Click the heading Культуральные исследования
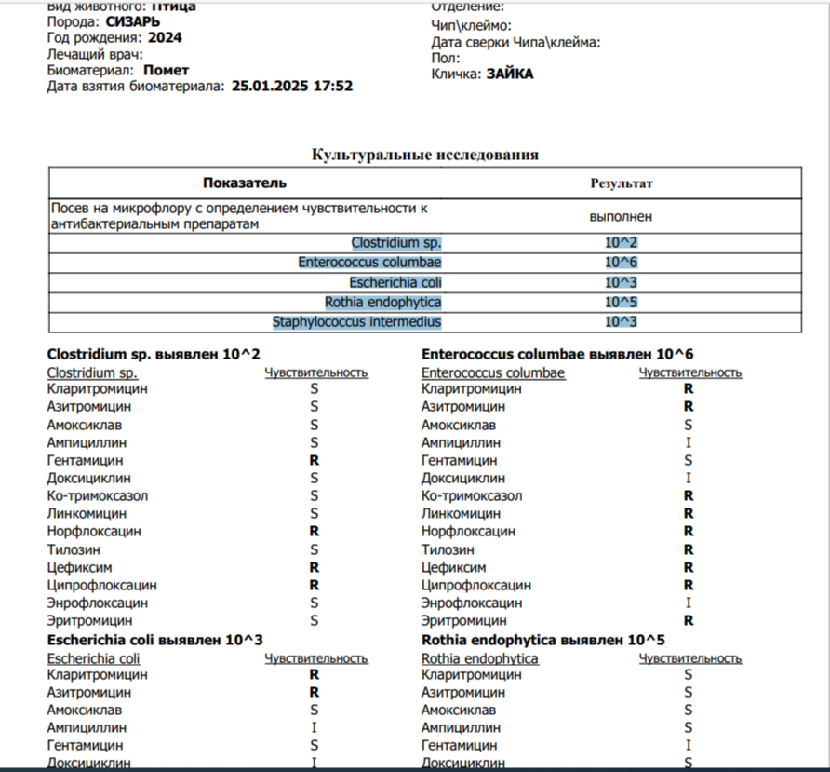pyautogui.click(x=425, y=155)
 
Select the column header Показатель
pyautogui.click(x=245, y=183)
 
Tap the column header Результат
pyautogui.click(x=621, y=183)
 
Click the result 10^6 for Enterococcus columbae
pyautogui.click(x=621, y=263)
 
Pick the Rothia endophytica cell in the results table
pyautogui.click(x=382, y=303)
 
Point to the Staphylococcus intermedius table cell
pyautogui.click(x=356, y=322)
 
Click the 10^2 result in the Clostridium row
pyautogui.click(x=621, y=243)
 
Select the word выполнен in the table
pyautogui.click(x=621, y=216)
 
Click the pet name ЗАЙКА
pyautogui.click(x=510, y=74)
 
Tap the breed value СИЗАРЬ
pyautogui.click(x=127, y=21)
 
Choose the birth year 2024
pyautogui.click(x=165, y=38)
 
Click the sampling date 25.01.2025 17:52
pyautogui.click(x=292, y=86)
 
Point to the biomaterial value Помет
pyautogui.click(x=167, y=70)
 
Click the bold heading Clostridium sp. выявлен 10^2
pyautogui.click(x=154, y=354)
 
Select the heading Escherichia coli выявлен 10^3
pyautogui.click(x=155, y=640)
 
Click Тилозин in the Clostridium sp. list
pyautogui.click(x=74, y=549)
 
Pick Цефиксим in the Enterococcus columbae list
pyautogui.click(x=453, y=567)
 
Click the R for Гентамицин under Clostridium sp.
pyautogui.click(x=315, y=460)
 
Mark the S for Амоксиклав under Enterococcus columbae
pyautogui.click(x=689, y=425)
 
